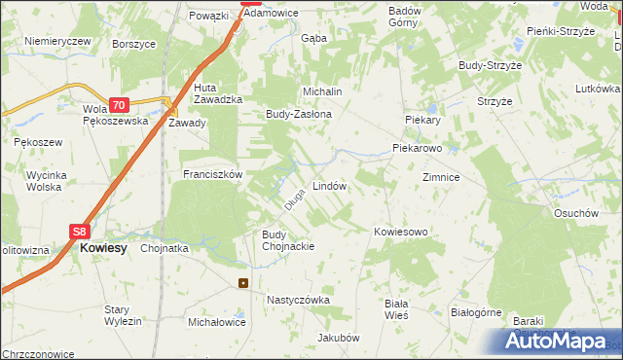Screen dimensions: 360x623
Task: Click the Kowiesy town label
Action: point(103,248)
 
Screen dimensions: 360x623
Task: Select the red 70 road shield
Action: point(119,105)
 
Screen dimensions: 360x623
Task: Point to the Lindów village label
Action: point(329,185)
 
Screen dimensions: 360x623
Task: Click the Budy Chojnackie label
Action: point(288,240)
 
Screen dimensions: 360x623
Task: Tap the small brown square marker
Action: point(242,284)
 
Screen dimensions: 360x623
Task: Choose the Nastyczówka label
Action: point(298,301)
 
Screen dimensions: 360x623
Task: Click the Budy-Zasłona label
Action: point(299,114)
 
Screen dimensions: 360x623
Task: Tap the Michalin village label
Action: point(322,91)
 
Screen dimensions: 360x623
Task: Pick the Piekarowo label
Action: point(418,149)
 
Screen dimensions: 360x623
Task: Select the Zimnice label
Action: point(441,178)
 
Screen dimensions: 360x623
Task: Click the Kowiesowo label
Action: point(401,232)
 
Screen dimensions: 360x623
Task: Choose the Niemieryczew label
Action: point(57,41)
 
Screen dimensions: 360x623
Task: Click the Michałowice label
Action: point(216,321)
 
